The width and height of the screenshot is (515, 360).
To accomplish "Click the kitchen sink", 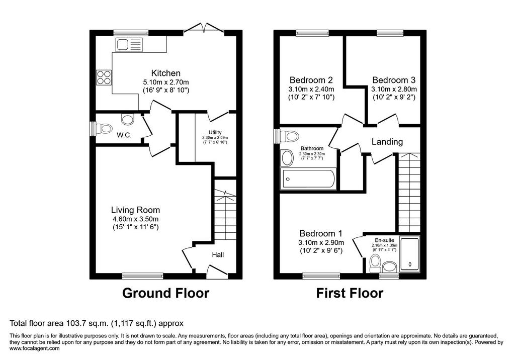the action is click(129, 45).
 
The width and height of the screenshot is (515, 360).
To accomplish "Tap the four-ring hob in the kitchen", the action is click(104, 77).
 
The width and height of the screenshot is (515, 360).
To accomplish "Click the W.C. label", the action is click(124, 135).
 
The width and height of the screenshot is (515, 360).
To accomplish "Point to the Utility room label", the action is click(215, 132).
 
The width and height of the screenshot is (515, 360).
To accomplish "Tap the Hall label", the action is click(218, 255).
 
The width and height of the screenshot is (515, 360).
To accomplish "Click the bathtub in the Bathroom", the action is click(308, 179).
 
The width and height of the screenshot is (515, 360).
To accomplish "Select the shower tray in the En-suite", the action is click(410, 254).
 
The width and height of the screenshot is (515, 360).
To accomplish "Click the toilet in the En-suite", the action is click(374, 264).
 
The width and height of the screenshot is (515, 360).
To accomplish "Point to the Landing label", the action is click(387, 142).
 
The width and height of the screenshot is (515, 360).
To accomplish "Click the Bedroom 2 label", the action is click(311, 80).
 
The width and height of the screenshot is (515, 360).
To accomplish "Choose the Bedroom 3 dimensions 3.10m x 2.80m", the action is click(394, 89).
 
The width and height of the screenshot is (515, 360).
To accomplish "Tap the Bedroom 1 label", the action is click(321, 233).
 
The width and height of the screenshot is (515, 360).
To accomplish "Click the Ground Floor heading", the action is click(165, 293).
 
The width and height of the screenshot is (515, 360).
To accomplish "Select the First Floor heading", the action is click(350, 293).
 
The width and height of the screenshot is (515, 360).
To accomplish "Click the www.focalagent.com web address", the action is click(35, 348).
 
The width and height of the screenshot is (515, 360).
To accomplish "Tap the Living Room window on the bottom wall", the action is click(142, 276).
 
